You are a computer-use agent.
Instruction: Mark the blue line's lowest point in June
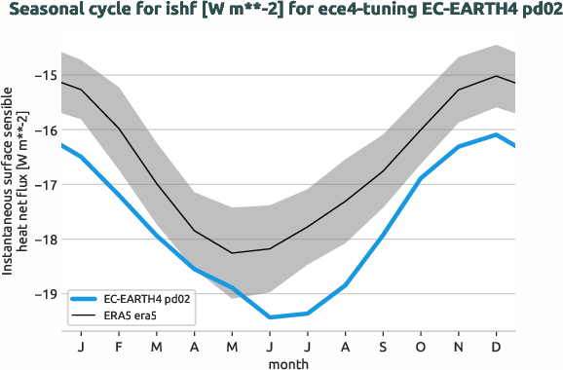(270, 317)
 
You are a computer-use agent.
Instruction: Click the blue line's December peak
(497, 134)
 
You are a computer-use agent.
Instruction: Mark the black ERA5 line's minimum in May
(232, 253)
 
